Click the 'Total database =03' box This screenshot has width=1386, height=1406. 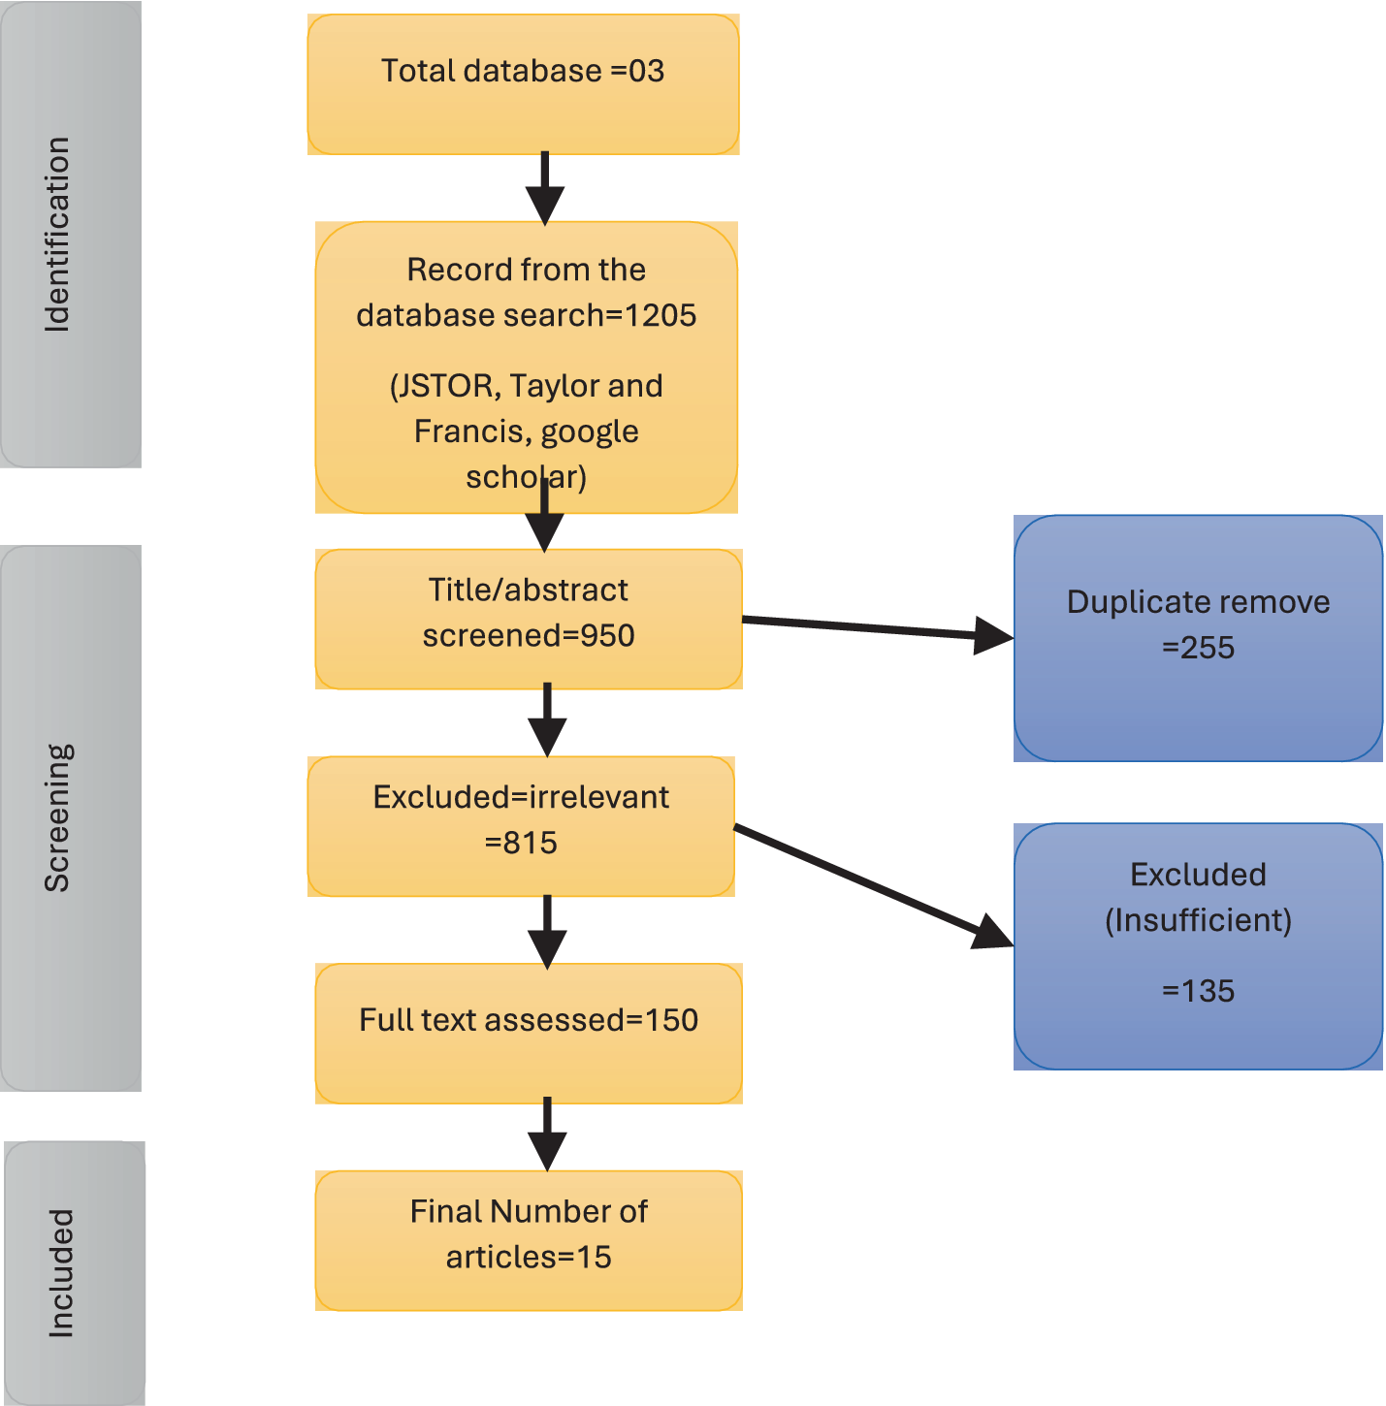tap(523, 84)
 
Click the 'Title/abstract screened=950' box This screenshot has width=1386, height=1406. tap(529, 620)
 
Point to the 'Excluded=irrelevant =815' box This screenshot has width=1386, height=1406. tap(521, 826)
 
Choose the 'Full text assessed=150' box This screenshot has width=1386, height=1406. tap(529, 1033)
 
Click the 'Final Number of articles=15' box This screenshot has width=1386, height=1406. tap(529, 1240)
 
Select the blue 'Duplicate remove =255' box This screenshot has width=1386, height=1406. tap(1198, 638)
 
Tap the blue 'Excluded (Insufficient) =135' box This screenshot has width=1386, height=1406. tap(1198, 946)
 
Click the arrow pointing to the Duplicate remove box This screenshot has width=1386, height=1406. tap(873, 628)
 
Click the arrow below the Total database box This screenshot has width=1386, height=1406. tap(545, 188)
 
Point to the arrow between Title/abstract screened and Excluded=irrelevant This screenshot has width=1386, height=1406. tap(547, 719)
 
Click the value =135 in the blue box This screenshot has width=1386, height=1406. tap(1198, 991)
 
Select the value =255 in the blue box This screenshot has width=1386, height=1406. tap(1198, 648)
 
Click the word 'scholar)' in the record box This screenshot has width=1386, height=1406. tap(526, 477)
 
